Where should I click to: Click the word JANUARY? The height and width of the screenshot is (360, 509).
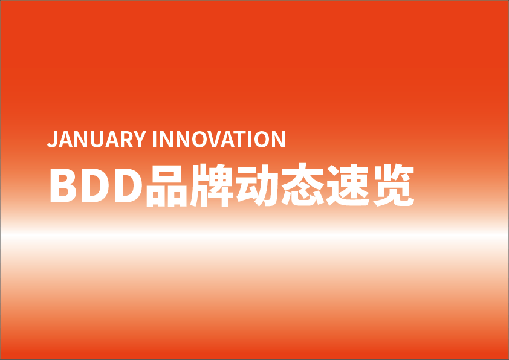(x=97, y=139)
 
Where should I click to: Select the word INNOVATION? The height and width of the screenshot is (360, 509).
(x=219, y=139)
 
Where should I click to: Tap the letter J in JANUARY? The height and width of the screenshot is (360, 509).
(x=53, y=140)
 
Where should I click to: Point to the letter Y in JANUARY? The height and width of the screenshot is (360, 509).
(x=140, y=139)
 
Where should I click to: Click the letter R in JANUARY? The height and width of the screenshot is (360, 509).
(x=127, y=139)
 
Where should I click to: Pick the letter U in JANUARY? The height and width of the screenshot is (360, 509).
(x=97, y=140)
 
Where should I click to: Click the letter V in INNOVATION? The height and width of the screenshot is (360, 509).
(x=214, y=139)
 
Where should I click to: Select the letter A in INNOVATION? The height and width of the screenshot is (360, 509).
(x=228, y=139)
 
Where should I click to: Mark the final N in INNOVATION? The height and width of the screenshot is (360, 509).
(x=279, y=139)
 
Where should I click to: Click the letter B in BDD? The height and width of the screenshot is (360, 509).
(x=63, y=185)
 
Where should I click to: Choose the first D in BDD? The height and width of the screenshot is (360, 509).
(x=95, y=185)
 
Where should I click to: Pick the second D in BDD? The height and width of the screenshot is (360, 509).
(x=129, y=185)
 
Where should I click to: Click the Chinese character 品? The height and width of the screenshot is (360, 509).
(x=167, y=185)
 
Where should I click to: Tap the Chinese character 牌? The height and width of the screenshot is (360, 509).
(x=212, y=185)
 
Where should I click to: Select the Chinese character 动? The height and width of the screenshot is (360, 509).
(x=257, y=185)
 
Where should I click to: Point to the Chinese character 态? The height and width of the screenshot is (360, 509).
(x=302, y=185)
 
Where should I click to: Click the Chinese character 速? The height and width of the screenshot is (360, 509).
(x=348, y=185)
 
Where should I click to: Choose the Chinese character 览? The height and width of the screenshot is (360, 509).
(x=394, y=185)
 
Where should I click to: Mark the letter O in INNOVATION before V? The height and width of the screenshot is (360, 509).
(x=199, y=139)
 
